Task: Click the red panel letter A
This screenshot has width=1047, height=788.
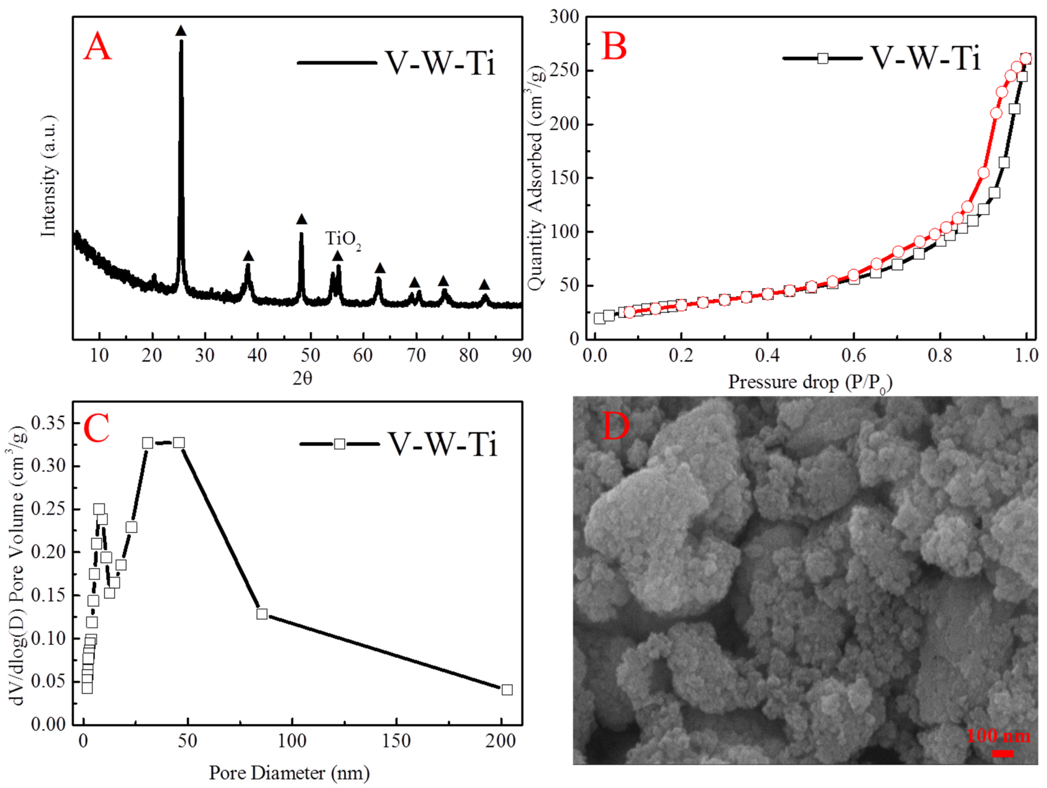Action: click(x=98, y=47)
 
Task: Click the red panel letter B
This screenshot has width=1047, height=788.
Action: click(x=614, y=47)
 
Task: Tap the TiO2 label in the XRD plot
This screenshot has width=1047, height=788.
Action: click(x=343, y=240)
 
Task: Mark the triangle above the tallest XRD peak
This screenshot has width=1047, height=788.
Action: click(x=181, y=31)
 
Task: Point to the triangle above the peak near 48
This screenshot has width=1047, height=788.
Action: click(x=301, y=219)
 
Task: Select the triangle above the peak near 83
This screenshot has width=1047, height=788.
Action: click(x=484, y=285)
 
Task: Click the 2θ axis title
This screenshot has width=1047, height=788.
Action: click(x=302, y=378)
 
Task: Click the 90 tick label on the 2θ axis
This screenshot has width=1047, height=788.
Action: click(x=521, y=355)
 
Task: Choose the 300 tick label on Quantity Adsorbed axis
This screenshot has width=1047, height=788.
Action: click(x=564, y=17)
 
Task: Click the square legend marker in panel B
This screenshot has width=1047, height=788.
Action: click(x=823, y=59)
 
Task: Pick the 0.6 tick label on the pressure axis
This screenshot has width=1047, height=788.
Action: click(x=854, y=355)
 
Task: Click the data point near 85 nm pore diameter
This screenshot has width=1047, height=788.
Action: click(x=262, y=614)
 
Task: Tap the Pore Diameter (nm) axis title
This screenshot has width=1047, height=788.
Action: click(x=289, y=773)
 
